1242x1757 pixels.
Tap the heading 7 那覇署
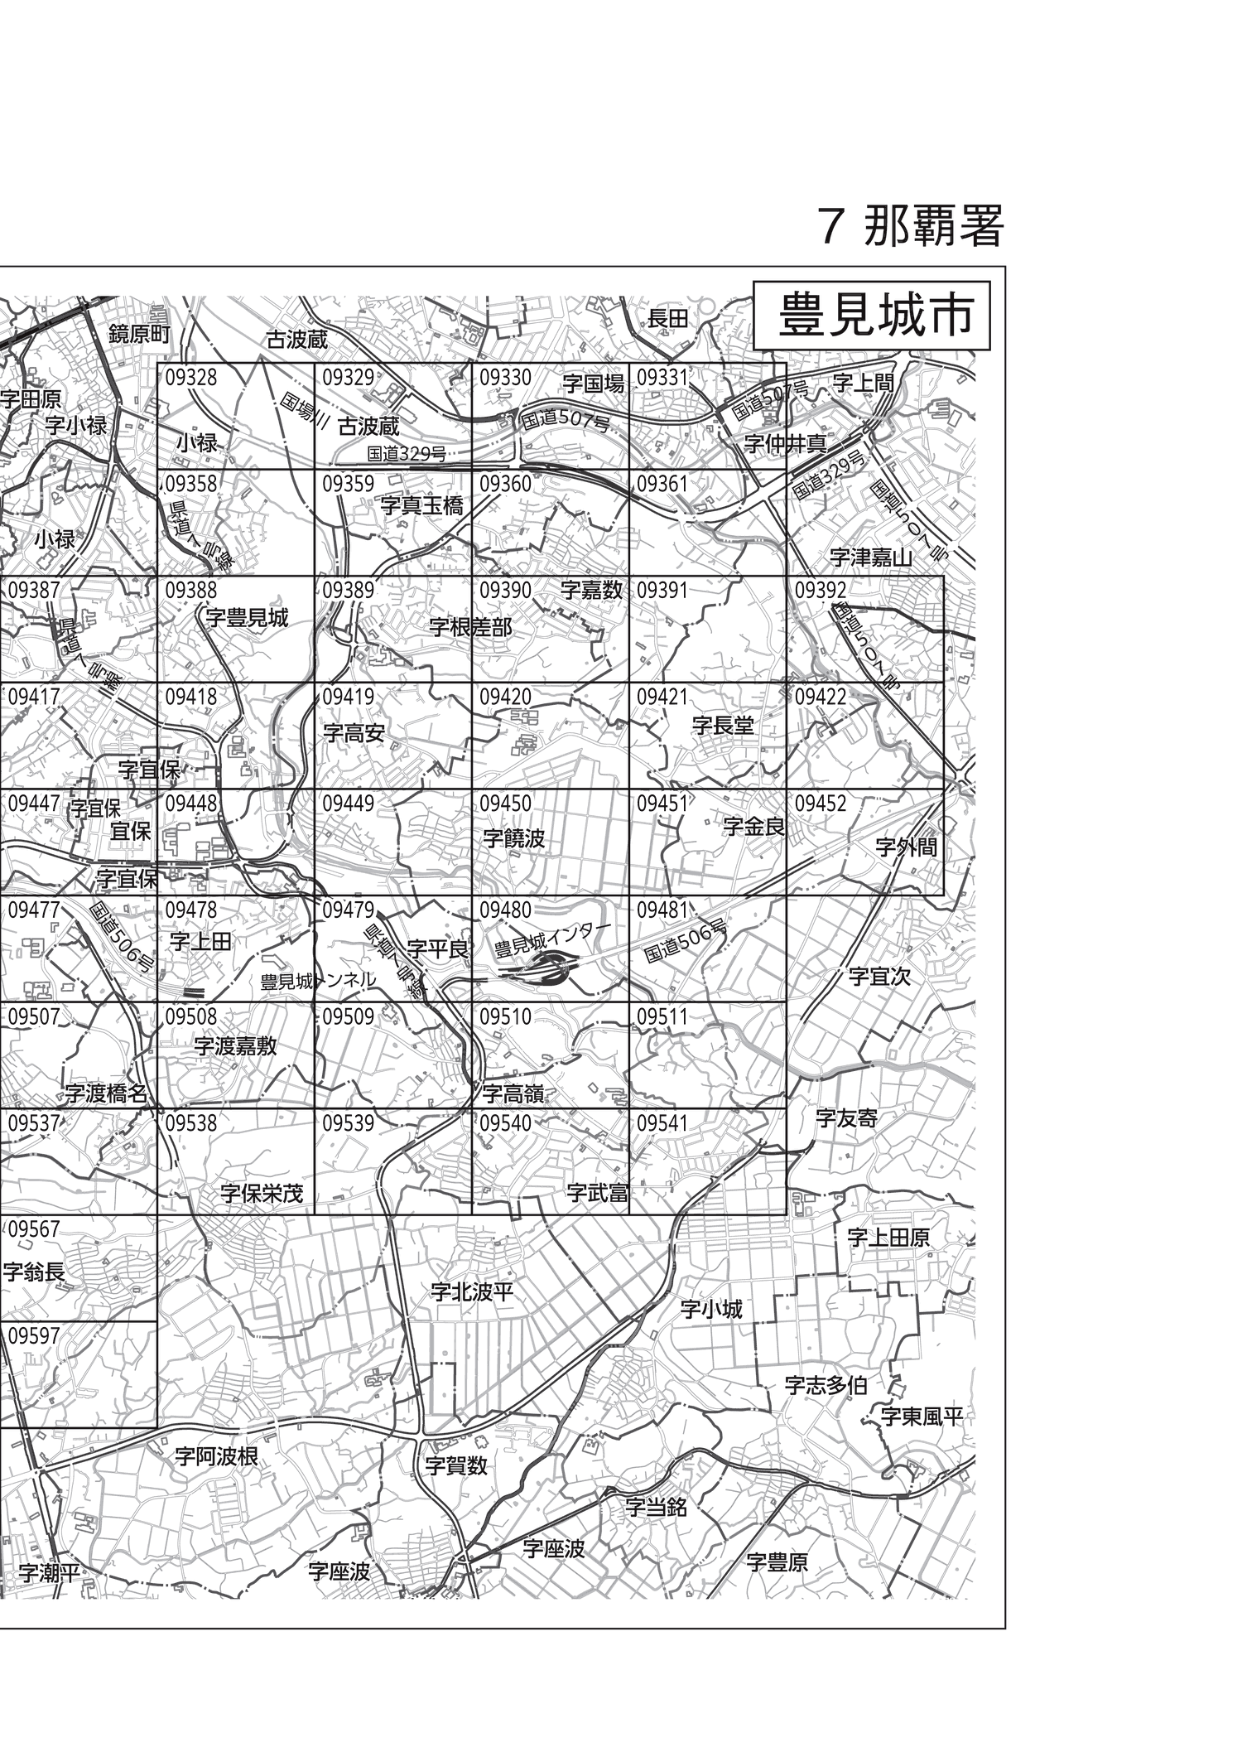coord(910,225)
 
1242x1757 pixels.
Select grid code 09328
coord(190,378)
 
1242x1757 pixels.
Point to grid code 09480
coord(505,910)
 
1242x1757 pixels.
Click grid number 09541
coord(662,1123)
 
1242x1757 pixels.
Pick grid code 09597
coord(34,1336)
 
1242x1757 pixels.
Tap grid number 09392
coord(821,591)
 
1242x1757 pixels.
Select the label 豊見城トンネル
coord(318,982)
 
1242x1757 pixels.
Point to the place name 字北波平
coord(472,1291)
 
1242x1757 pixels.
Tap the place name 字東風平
coord(922,1417)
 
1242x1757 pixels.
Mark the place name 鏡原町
coord(139,334)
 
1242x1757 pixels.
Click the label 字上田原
coord(888,1238)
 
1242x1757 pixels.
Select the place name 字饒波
coord(513,839)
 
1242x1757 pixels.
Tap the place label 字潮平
coord(49,1573)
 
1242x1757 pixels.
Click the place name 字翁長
coord(33,1272)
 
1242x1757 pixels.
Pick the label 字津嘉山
coord(870,557)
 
